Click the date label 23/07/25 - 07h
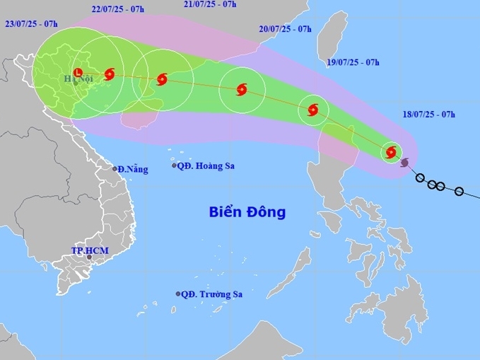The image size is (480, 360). [31, 24]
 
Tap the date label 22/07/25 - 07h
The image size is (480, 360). [118, 9]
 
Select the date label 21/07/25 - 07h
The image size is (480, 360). [209, 4]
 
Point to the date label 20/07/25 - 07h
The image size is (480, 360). [285, 29]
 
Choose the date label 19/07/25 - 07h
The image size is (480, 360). [353, 63]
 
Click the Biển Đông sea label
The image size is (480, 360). [247, 211]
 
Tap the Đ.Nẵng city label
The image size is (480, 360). [133, 169]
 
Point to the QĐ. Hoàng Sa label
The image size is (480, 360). [206, 166]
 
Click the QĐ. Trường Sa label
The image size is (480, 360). [211, 294]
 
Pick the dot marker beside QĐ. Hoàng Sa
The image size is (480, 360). [175, 166]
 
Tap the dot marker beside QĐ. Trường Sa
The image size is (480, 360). [178, 294]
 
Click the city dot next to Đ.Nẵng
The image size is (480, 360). [115, 168]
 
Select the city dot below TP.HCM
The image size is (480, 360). [89, 257]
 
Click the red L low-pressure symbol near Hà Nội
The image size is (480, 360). [77, 71]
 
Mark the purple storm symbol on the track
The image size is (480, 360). [404, 163]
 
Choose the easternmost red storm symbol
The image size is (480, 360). [391, 151]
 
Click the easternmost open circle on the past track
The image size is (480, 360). [459, 191]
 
